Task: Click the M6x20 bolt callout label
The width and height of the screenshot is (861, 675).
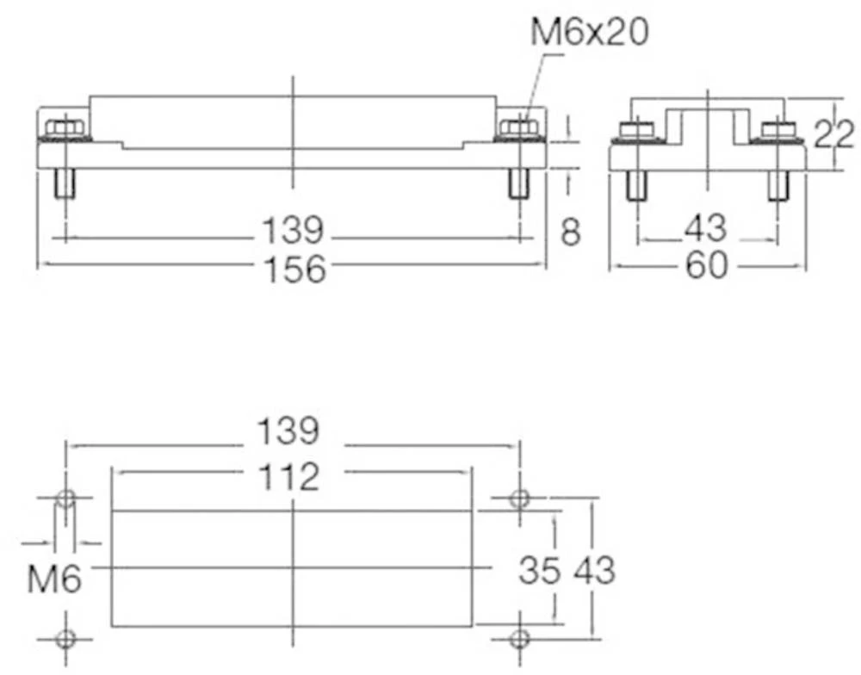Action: coord(589,33)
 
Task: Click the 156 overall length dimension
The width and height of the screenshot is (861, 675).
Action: coord(294,269)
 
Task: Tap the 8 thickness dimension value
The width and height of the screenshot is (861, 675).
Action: coord(571,232)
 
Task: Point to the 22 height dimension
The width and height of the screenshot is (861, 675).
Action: coord(833,134)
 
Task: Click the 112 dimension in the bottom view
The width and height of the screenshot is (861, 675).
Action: coord(290,475)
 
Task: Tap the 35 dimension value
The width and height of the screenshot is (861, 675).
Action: coord(540,569)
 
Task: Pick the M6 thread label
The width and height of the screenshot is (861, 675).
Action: coord(53,579)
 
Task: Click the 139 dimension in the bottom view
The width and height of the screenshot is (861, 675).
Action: coord(292,430)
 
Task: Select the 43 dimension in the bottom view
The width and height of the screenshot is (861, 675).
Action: coord(594,569)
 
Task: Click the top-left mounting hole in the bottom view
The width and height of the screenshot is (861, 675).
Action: coord(65,499)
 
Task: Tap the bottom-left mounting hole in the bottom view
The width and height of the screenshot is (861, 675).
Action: coord(65,638)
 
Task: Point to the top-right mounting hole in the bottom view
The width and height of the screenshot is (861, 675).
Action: coord(518,499)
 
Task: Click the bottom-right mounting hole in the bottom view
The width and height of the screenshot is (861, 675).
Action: coord(518,638)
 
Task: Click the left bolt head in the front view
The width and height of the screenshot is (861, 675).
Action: coord(64,129)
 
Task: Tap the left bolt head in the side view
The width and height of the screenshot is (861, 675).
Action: coord(636,132)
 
